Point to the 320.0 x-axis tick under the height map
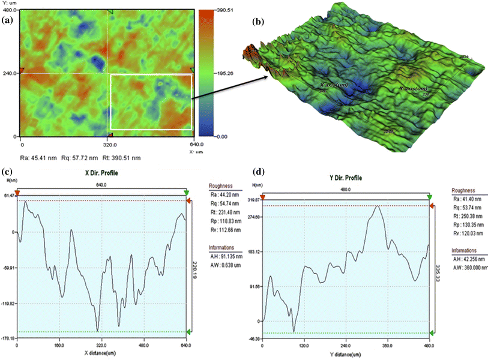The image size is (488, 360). pos(109,145)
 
